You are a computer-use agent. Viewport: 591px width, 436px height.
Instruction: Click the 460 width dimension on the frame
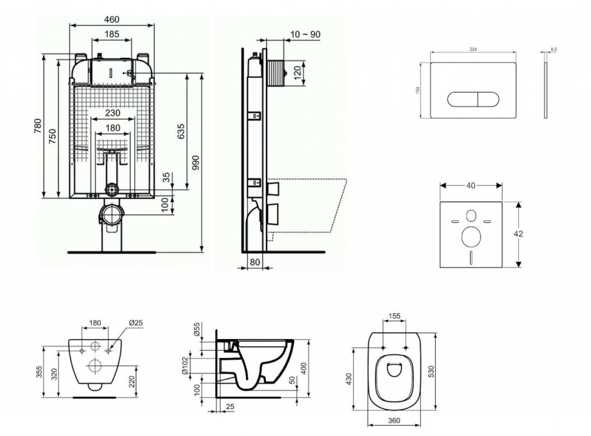(112, 19)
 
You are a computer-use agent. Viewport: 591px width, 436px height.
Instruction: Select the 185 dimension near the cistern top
(112, 35)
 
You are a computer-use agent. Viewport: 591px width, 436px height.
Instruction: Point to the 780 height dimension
(38, 126)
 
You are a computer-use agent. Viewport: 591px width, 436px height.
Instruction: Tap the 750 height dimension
(53, 136)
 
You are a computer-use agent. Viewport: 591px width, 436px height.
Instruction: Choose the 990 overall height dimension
(195, 162)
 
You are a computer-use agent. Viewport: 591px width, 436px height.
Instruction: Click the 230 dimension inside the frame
(113, 113)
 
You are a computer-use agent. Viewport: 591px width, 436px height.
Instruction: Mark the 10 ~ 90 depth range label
(305, 34)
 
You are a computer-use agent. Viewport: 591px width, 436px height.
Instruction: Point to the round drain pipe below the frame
(111, 216)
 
